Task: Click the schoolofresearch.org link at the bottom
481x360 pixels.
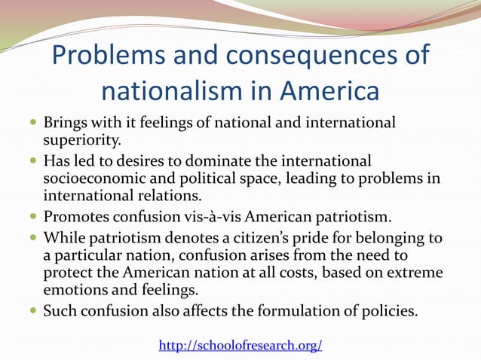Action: click(x=240, y=345)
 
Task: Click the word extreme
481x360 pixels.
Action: click(x=414, y=273)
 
